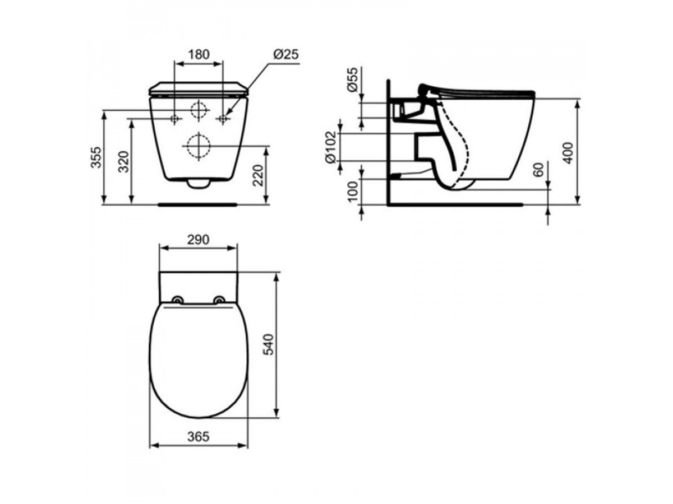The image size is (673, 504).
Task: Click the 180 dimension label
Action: (199, 54)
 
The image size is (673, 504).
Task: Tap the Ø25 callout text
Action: (286, 54)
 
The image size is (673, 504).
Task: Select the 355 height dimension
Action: (96, 157)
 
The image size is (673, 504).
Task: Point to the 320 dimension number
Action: (124, 162)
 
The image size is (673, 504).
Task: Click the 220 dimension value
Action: (258, 175)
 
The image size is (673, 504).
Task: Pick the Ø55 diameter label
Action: (353, 80)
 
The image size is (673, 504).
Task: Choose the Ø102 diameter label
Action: (331, 147)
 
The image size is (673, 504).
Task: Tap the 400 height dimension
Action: (568, 153)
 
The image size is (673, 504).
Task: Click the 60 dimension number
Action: (538, 170)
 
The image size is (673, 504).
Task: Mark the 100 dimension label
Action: (353, 192)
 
